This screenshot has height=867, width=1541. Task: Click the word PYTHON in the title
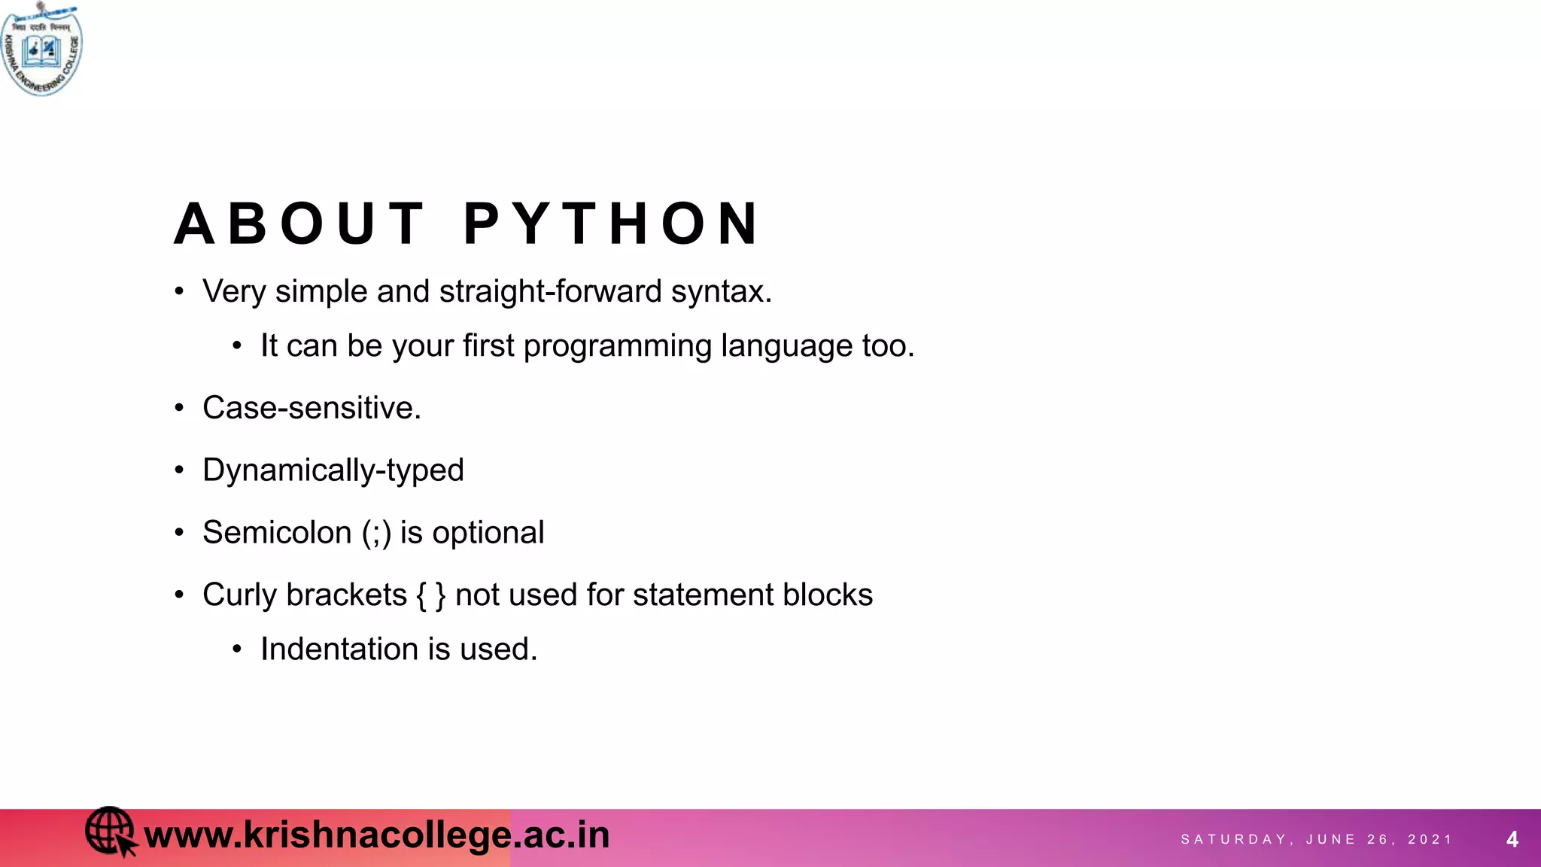coord(612,224)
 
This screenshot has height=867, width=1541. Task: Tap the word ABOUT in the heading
coord(299,224)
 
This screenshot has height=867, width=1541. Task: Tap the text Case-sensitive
coord(312,408)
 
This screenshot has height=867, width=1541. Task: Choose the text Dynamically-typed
coord(333,471)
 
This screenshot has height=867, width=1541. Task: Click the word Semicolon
coord(277,533)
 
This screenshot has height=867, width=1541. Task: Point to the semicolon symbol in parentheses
coord(376,534)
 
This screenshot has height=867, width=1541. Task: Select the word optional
coord(488,534)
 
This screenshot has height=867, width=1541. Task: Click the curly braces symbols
coord(430,595)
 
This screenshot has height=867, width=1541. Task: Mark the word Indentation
coord(339,649)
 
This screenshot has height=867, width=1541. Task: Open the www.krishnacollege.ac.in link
coord(376,835)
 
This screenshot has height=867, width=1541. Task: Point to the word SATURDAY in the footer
coord(1234,839)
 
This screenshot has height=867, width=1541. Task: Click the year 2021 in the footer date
coord(1430,839)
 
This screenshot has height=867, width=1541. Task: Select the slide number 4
coord(1512,839)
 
